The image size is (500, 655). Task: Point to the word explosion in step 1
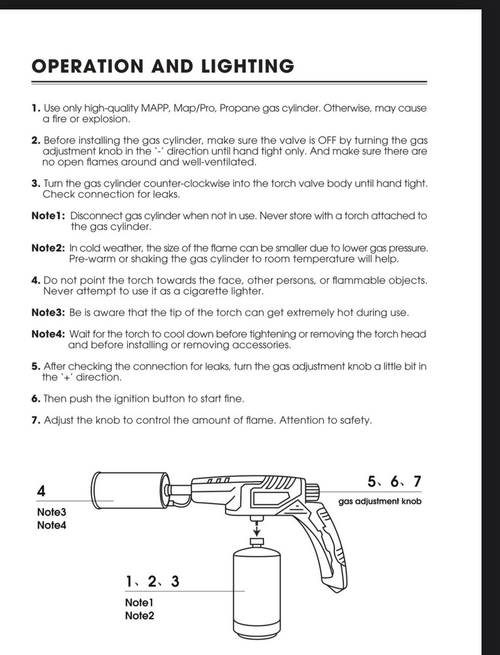[x=107, y=119]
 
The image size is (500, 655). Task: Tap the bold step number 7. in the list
[x=36, y=420]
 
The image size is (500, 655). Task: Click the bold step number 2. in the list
[x=36, y=140]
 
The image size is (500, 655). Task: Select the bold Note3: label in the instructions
[x=48, y=312]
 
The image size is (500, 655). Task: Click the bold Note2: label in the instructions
[x=48, y=248]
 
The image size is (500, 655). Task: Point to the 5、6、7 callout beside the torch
[x=394, y=482]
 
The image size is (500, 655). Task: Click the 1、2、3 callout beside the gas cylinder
[x=152, y=581]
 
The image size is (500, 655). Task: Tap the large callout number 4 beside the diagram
[x=41, y=491]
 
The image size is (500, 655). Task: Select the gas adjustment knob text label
[x=379, y=502]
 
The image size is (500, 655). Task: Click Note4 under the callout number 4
[x=51, y=525]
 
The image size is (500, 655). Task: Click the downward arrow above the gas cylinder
[x=257, y=527]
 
